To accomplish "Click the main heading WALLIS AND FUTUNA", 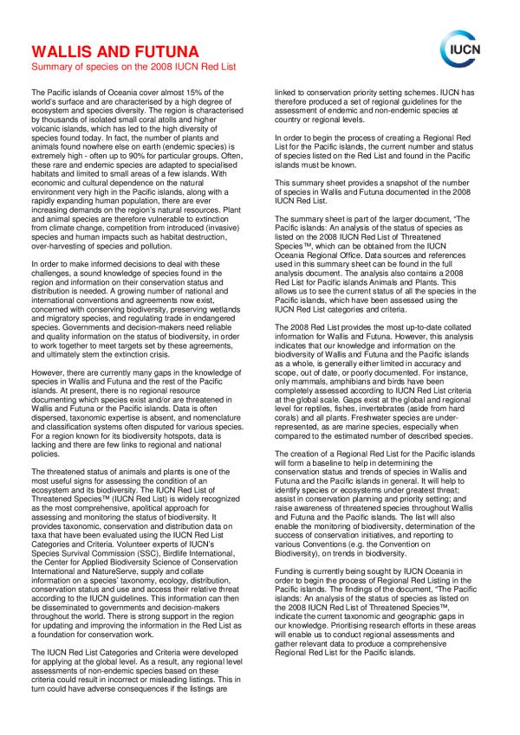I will click(x=111, y=50).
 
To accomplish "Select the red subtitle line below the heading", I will click(x=121, y=66).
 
